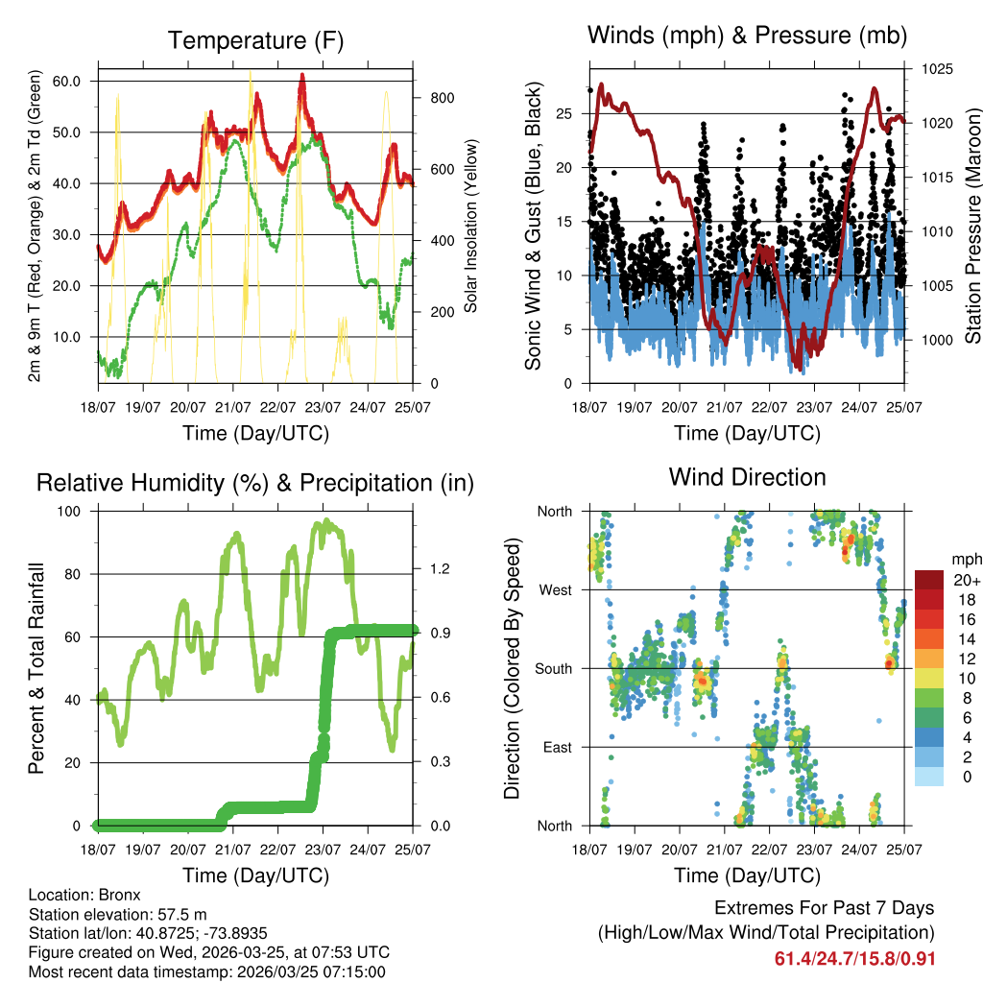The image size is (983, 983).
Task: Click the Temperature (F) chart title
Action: point(255,40)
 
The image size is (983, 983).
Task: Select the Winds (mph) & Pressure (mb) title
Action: point(747,36)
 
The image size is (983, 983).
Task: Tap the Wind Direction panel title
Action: point(747,476)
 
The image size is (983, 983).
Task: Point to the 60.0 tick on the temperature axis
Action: point(66,81)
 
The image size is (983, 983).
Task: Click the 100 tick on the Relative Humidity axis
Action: point(72,511)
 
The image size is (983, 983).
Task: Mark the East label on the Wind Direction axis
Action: point(556,747)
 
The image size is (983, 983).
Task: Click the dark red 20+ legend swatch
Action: point(930,579)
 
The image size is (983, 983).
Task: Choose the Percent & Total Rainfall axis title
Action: point(37,668)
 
